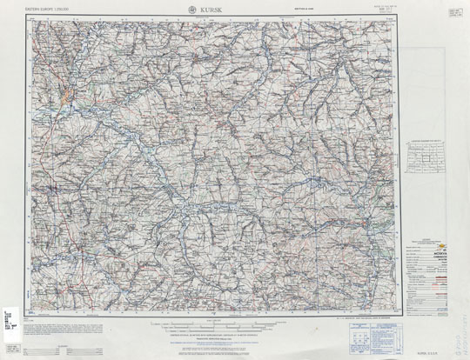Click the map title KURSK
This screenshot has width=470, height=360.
(211, 10)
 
